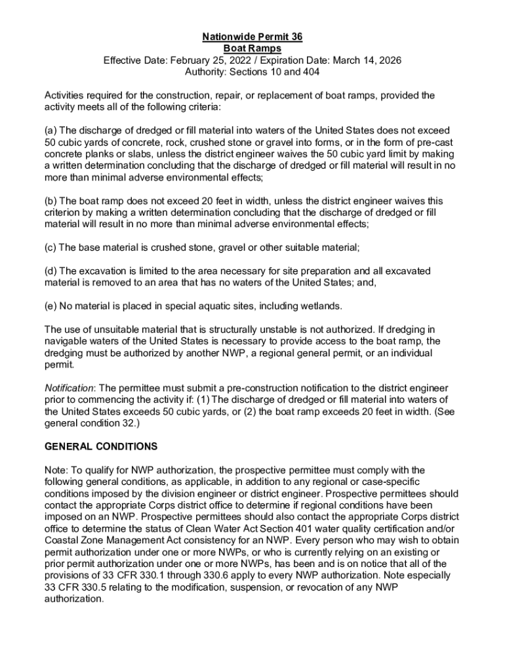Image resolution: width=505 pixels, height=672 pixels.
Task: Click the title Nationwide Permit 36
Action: point(253,37)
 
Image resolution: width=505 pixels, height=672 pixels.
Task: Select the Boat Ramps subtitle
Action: point(253,49)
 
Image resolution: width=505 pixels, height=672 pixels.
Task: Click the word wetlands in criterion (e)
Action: point(320,306)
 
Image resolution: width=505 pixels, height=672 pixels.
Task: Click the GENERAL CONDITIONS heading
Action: point(100,446)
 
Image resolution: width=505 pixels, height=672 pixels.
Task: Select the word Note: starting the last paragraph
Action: point(56,470)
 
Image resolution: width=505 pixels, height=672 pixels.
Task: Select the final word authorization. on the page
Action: point(73,599)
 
